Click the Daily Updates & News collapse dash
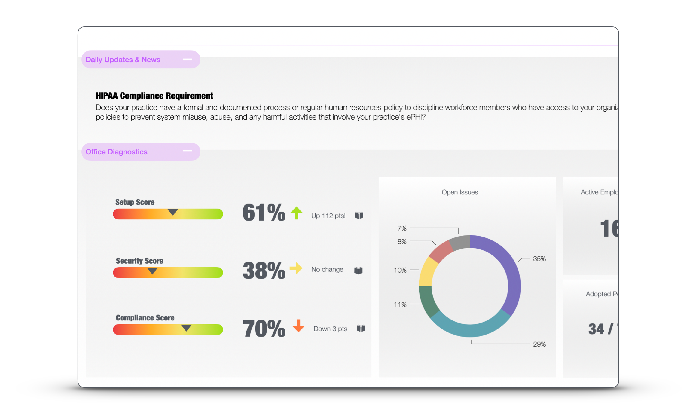pyautogui.click(x=187, y=60)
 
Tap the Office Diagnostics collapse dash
pyautogui.click(x=187, y=151)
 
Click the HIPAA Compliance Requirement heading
pyautogui.click(x=154, y=96)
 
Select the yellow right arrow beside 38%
pyautogui.click(x=296, y=268)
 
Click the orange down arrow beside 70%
pyautogui.click(x=298, y=326)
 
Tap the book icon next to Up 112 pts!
pyautogui.click(x=359, y=215)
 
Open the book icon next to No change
pyautogui.click(x=358, y=270)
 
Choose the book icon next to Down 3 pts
pyautogui.click(x=361, y=328)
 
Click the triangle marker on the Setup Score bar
pyautogui.click(x=173, y=212)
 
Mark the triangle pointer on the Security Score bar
pyautogui.click(x=152, y=271)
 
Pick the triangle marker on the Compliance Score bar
pyautogui.click(x=186, y=328)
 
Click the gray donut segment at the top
pyautogui.click(x=460, y=242)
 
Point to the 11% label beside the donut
pyautogui.click(x=400, y=304)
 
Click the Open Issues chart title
pyautogui.click(x=460, y=192)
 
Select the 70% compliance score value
pyautogui.click(x=264, y=329)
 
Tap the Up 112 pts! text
pyautogui.click(x=328, y=216)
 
